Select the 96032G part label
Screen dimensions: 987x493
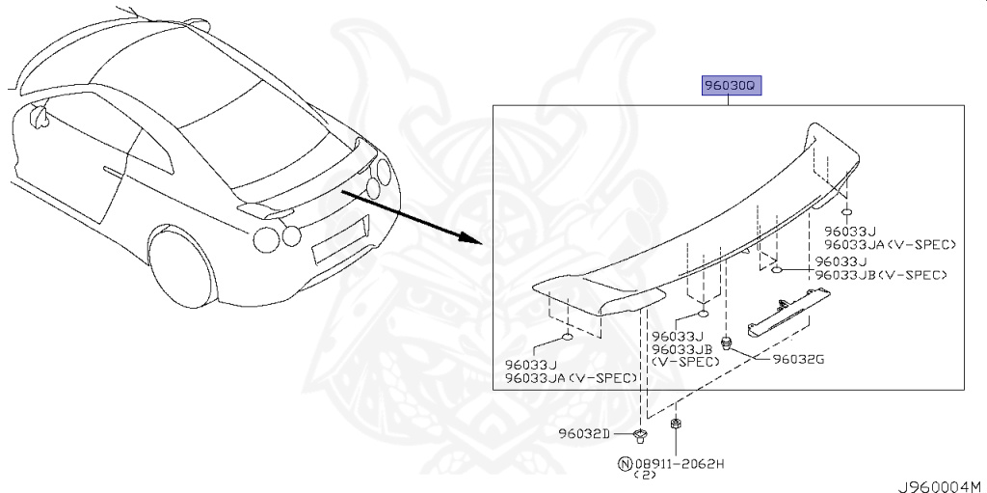tap(798, 360)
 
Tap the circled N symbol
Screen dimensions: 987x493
tap(624, 463)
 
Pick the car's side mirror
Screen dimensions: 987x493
tap(38, 116)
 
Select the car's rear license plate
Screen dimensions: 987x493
tap(339, 237)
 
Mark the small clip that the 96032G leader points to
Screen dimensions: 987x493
tap(729, 342)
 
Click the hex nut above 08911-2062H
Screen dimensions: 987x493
tap(677, 424)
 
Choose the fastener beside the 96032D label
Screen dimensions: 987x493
tap(640, 432)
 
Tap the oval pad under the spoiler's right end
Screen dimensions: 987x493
tap(845, 212)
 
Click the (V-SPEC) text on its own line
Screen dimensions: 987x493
tap(685, 361)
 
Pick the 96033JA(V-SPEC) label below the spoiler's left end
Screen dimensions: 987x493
tap(571, 377)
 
